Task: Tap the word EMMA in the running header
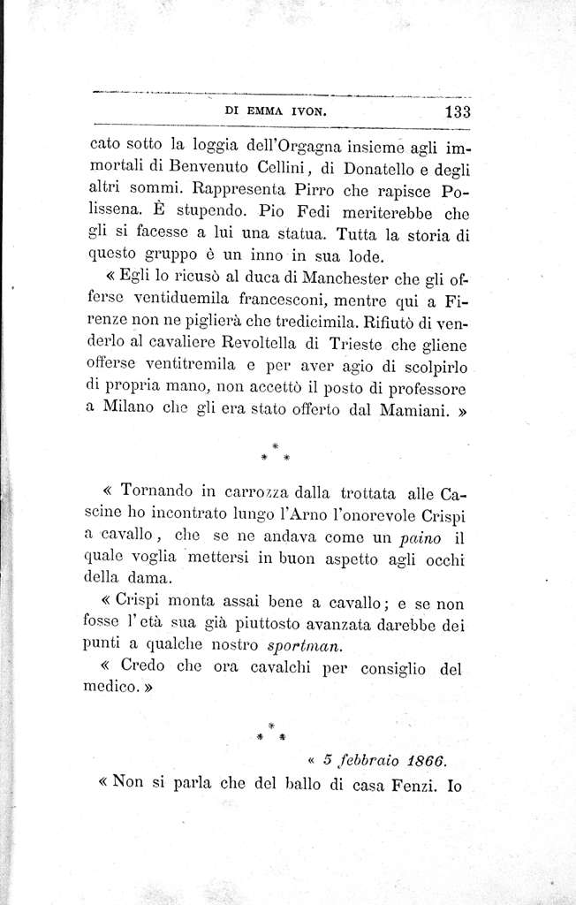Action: [266, 113]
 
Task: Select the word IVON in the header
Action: [308, 113]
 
